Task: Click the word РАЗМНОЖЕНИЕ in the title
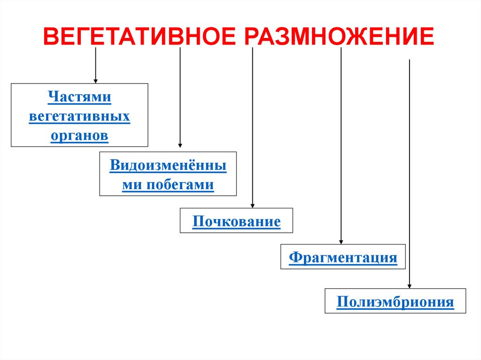coord(339,37)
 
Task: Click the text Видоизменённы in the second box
coord(168,166)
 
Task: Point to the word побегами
coord(180,184)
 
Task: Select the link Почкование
coord(236,221)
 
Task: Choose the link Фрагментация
coord(343,257)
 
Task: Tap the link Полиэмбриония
coord(395,301)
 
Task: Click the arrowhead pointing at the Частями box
coord(96,81)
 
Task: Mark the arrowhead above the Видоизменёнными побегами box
coord(180,146)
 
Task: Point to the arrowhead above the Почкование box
coord(253,205)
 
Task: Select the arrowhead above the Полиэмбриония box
coord(410,285)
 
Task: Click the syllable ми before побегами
coord(132,184)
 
